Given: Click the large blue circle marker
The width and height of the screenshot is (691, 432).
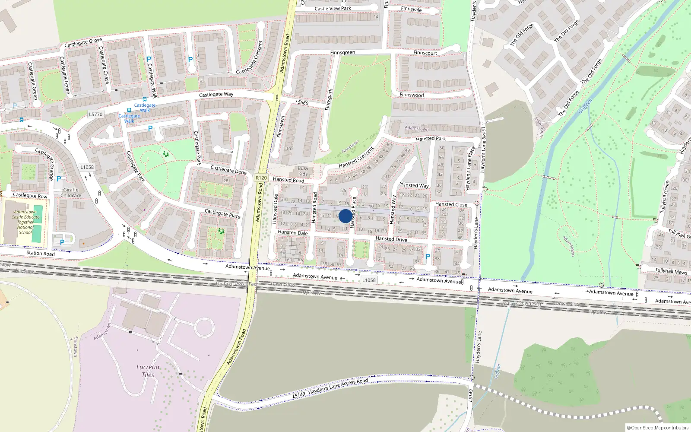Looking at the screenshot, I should point(345,216).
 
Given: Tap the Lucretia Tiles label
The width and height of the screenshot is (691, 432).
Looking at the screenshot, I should point(148,371).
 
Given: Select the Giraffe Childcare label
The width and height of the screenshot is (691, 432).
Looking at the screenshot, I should point(71,193).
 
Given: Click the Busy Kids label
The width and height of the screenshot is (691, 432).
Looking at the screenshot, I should point(303,171).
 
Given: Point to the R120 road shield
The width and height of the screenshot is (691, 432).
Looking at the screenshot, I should point(261,178).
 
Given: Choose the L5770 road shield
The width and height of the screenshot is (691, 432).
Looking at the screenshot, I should point(95,114).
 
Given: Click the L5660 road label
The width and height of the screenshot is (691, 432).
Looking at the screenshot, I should point(302,102).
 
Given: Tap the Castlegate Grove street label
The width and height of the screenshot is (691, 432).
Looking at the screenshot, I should point(83,42).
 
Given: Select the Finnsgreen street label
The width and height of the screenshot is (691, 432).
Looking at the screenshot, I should point(342,53).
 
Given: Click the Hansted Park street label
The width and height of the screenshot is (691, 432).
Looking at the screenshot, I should point(431,139).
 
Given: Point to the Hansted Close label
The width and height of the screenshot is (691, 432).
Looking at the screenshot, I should point(451,204).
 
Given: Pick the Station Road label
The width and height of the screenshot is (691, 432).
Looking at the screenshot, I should point(41,253).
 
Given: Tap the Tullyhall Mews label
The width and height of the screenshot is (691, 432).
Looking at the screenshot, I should point(671,271).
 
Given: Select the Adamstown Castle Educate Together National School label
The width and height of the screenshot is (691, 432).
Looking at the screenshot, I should point(25,222).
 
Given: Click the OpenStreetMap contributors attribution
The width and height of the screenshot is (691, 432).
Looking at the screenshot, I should point(657,428).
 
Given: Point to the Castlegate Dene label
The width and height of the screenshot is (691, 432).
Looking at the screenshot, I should point(228,169).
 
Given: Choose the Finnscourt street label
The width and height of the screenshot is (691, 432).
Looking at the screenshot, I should point(425,53).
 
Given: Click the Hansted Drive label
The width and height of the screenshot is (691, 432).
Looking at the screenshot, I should point(391,239).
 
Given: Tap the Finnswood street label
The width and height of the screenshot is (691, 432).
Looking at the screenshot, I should point(412,95).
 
